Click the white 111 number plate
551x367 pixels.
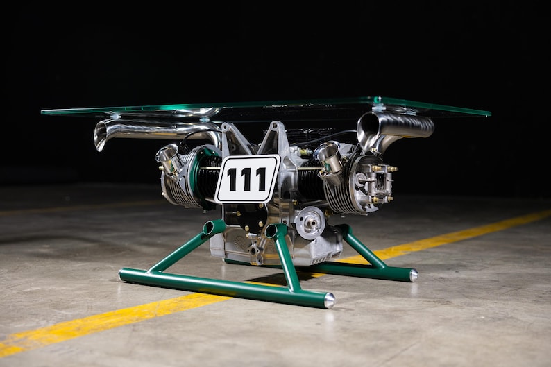247,179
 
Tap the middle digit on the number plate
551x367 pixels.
246,180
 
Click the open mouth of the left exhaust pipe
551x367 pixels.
101,136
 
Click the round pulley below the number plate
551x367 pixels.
310,222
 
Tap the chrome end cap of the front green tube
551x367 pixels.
329,300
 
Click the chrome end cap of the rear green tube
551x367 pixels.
414,275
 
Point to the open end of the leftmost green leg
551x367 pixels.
208,228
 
